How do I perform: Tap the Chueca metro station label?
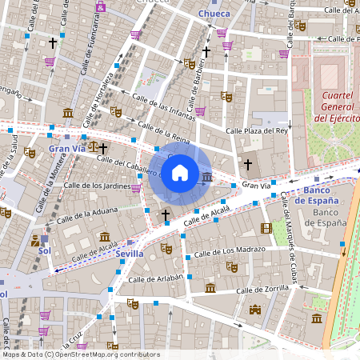pyautogui.click(x=213, y=14)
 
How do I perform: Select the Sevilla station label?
pyautogui.click(x=130, y=253)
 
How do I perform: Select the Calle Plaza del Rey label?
pyautogui.click(x=257, y=130)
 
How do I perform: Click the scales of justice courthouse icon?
pyautogui.click(x=95, y=147)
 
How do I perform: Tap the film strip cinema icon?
pyautogui.click(x=266, y=228)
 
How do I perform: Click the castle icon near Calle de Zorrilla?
pyautogui.click(x=255, y=310)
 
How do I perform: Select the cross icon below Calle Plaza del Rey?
pyautogui.click(x=248, y=164)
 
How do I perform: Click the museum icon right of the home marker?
pyautogui.click(x=207, y=177)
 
